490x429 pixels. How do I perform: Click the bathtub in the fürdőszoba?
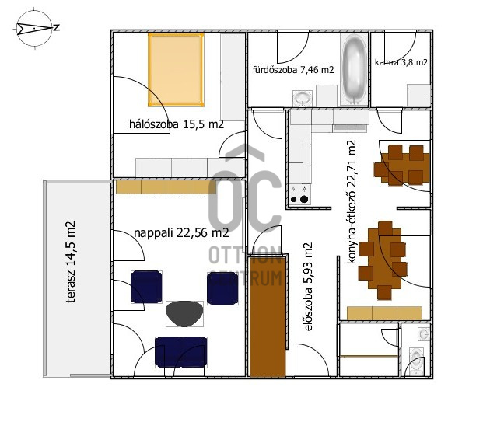click(354, 69)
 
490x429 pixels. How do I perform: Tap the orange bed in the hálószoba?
click(176, 70)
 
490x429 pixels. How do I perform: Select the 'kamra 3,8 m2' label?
click(401, 62)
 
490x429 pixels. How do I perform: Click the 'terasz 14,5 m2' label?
click(71, 262)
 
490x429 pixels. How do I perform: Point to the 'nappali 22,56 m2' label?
click(181, 232)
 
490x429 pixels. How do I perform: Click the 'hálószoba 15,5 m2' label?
click(177, 124)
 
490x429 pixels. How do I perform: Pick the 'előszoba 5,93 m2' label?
click(308, 286)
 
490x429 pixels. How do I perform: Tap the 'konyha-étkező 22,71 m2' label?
click(352, 202)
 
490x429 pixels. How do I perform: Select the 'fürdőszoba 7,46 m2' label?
click(293, 70)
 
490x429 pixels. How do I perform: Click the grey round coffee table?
click(184, 314)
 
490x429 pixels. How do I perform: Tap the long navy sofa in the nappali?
click(181, 351)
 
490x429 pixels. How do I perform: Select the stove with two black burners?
click(299, 194)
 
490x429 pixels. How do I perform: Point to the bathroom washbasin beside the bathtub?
click(303, 99)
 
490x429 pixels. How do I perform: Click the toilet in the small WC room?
click(416, 361)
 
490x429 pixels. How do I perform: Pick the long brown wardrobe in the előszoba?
click(268, 317)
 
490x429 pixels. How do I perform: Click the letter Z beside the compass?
click(56, 27)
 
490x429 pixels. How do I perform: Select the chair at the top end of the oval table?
click(385, 228)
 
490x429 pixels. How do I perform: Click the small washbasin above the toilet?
click(424, 334)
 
